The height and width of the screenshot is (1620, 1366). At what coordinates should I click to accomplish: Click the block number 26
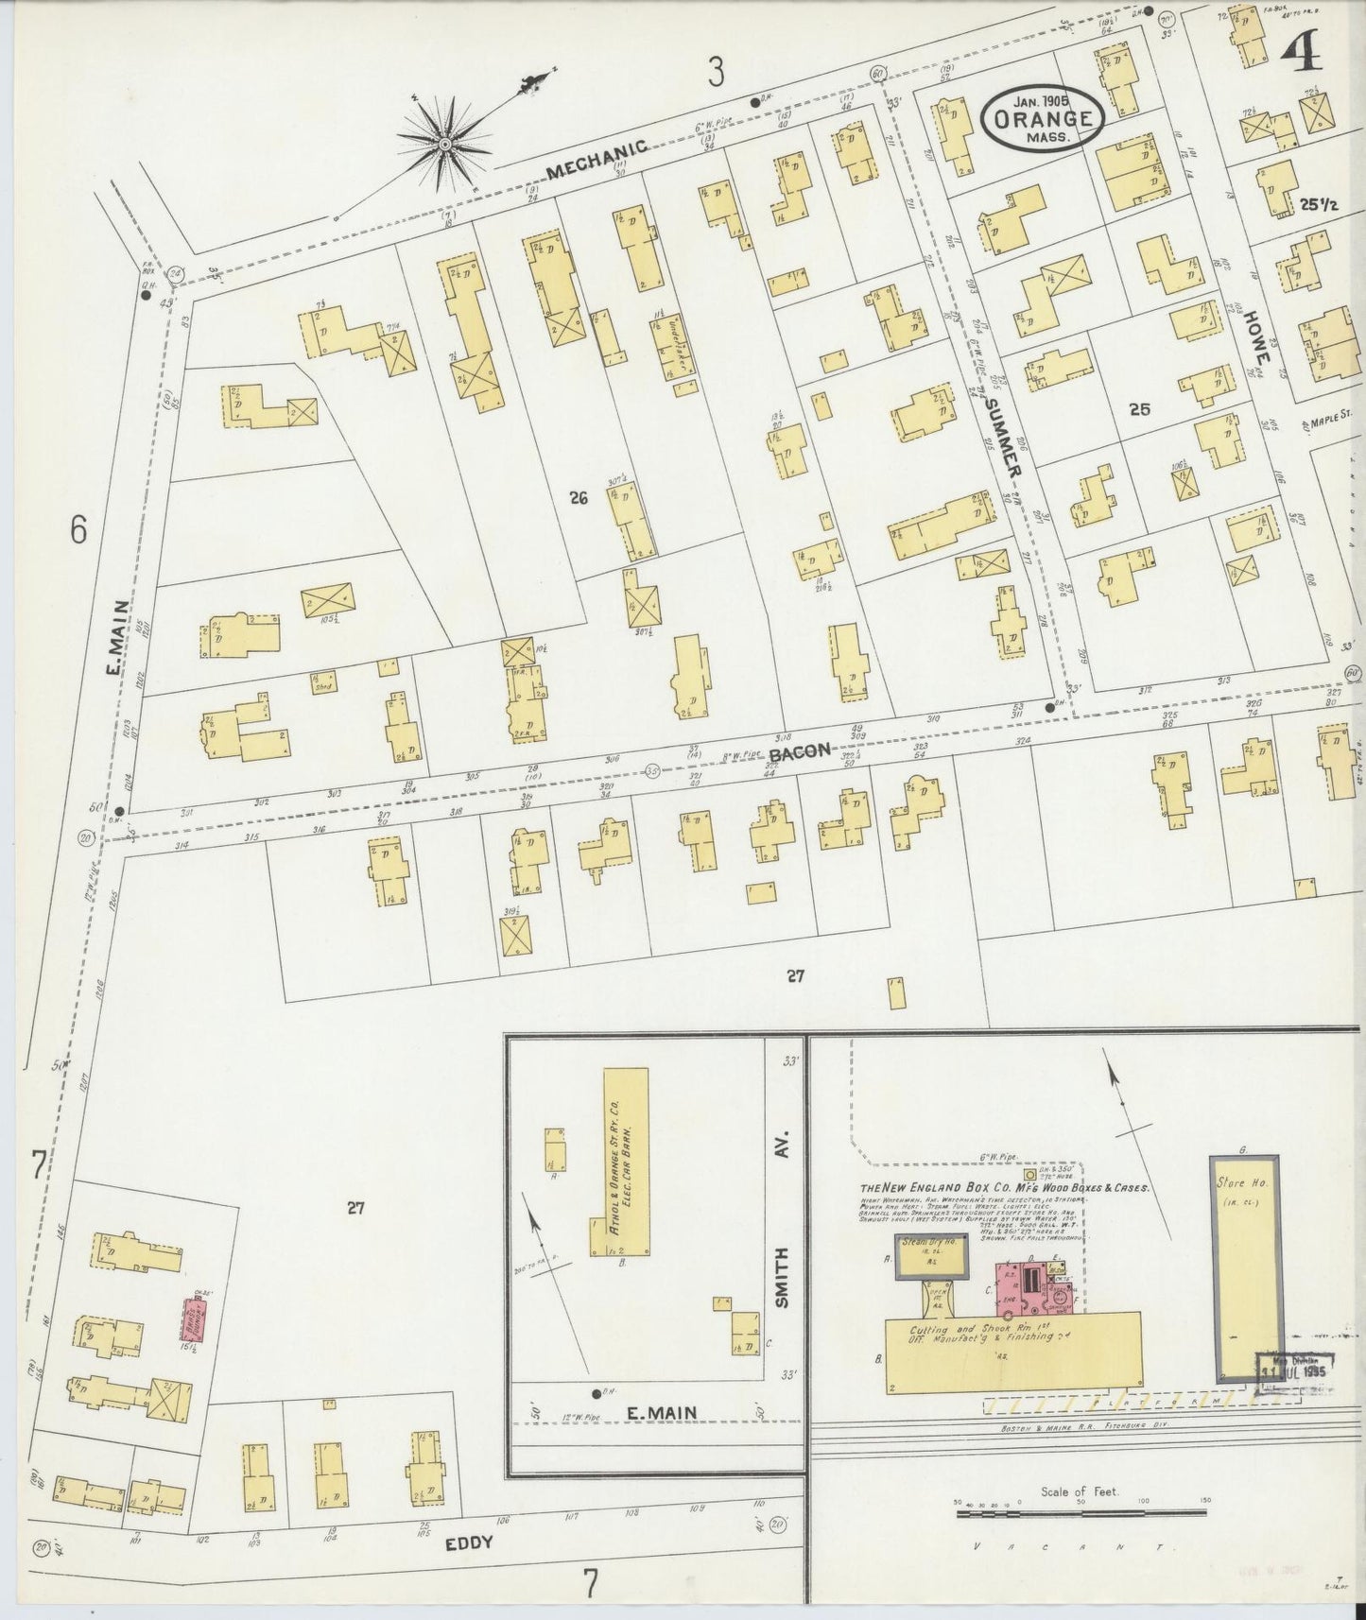click(x=579, y=497)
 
